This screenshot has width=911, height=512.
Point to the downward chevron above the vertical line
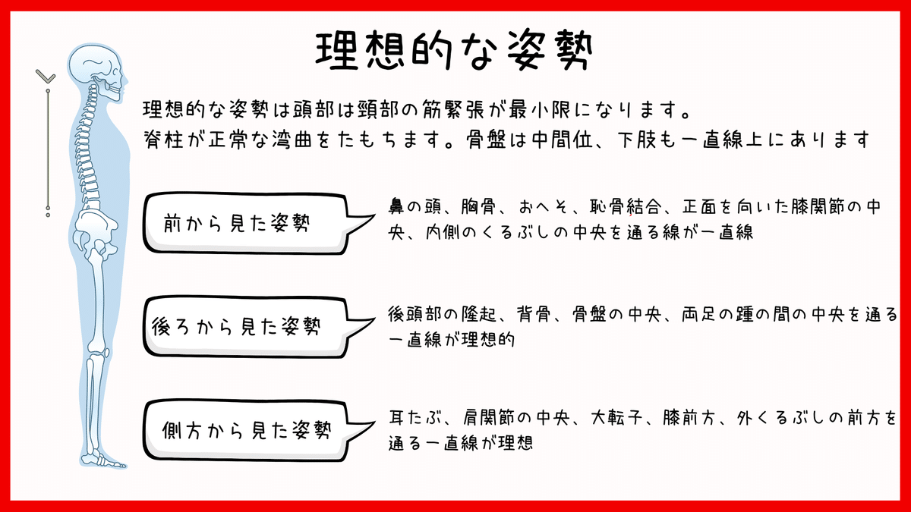[x=46, y=76]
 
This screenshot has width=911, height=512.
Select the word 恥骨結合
[x=634, y=206]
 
